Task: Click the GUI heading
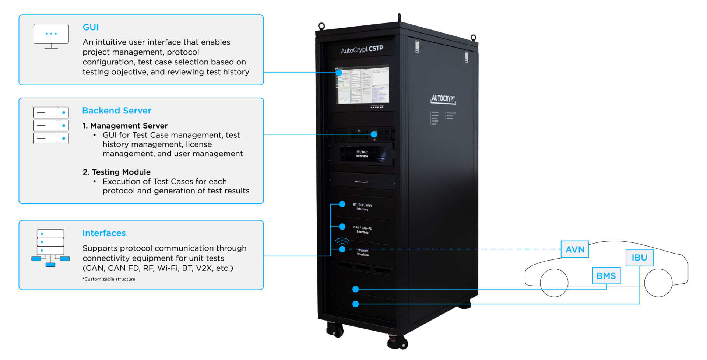click(91, 27)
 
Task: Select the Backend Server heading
click(117, 111)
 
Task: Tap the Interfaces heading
click(104, 233)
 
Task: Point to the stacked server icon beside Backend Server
click(51, 125)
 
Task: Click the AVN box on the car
click(575, 249)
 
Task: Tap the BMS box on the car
click(606, 276)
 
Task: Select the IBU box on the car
click(639, 258)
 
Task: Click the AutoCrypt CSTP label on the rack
click(362, 49)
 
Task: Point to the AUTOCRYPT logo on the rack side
click(443, 98)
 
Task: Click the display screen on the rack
click(362, 85)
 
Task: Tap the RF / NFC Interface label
click(362, 154)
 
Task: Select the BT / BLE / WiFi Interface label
click(362, 207)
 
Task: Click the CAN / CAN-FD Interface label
click(363, 230)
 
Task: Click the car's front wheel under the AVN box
click(554, 283)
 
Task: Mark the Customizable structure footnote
click(109, 279)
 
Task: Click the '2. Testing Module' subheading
click(116, 172)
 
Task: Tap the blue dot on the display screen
click(339, 73)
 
